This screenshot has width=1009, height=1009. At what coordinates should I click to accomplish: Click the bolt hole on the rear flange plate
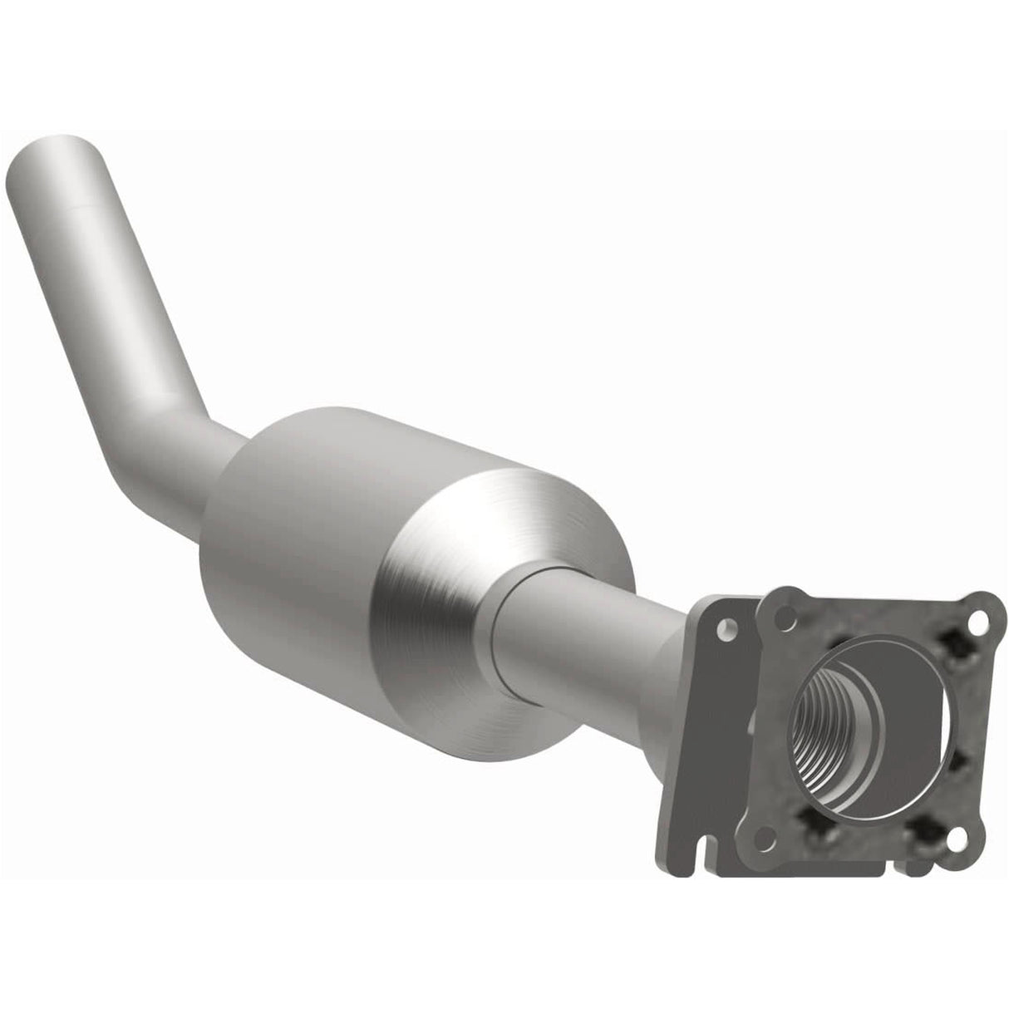pos(728,630)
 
